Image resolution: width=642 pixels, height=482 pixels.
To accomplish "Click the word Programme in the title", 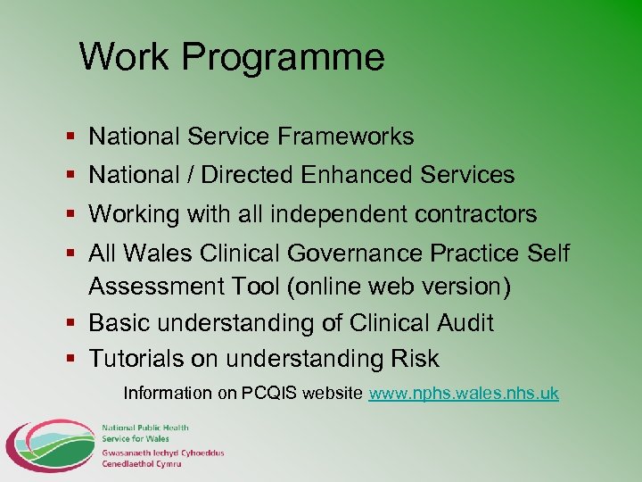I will point(284,57).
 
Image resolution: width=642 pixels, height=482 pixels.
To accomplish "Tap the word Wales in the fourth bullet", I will point(158,253).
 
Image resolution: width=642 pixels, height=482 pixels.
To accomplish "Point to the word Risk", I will point(414,359).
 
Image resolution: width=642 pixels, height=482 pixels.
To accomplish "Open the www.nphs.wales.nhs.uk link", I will point(464,393).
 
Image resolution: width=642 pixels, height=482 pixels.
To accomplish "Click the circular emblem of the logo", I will point(49,445).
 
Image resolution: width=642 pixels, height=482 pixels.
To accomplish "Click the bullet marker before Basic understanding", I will point(73,323).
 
